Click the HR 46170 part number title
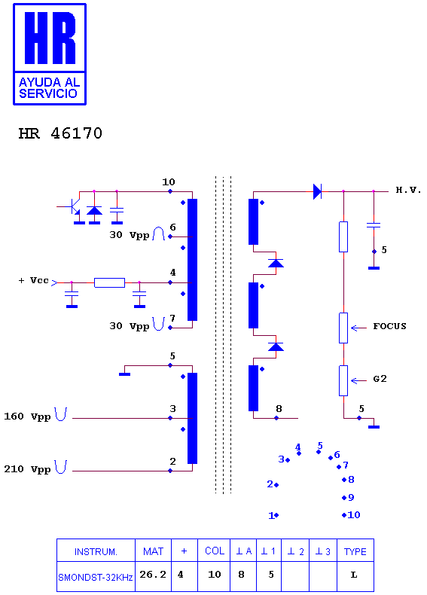[60, 133]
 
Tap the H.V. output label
[408, 190]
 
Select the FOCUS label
[389, 326]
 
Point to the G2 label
[380, 378]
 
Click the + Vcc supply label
[34, 280]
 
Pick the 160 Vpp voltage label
[27, 416]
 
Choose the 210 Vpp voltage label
[27, 469]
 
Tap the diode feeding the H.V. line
[317, 191]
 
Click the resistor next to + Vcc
[109, 282]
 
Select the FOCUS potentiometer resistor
[343, 328]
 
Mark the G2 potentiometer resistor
[343, 380]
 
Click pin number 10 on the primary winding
[169, 182]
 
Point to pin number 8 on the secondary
[279, 409]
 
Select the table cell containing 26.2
[154, 576]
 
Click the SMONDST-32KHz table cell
[96, 576]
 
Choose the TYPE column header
[355, 551]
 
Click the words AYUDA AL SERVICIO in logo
[50, 87]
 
